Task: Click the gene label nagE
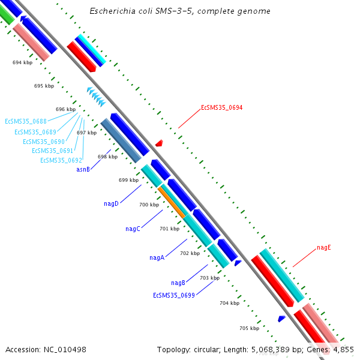324,247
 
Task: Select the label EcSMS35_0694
221,108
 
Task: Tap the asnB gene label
83,170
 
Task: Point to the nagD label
111,204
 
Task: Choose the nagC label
133,229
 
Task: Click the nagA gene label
157,258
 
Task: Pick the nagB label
178,283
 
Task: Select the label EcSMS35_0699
173,295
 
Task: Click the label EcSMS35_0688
26,121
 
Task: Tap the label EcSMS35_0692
61,160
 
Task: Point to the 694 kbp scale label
22,62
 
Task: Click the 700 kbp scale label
149,205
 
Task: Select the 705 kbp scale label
249,328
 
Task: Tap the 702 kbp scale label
190,253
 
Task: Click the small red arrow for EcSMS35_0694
159,143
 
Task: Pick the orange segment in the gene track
172,202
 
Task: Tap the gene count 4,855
343,349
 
